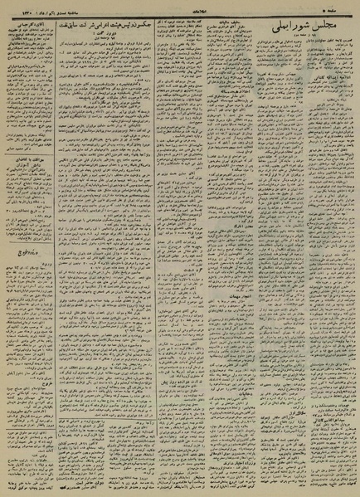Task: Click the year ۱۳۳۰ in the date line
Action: (20, 5)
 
